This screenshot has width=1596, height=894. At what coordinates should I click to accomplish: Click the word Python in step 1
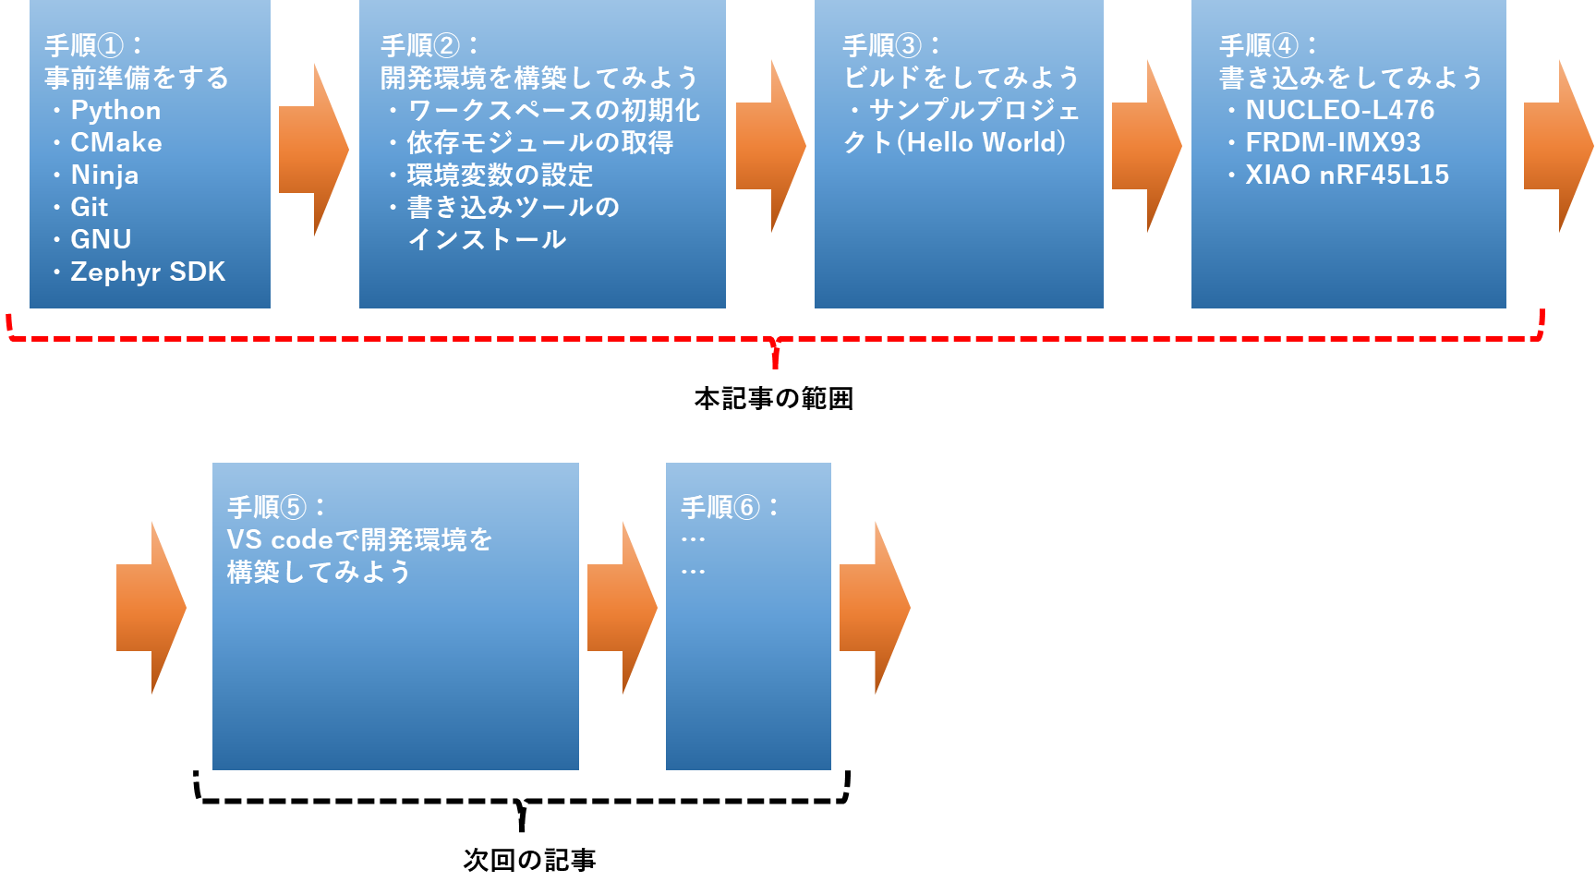115,111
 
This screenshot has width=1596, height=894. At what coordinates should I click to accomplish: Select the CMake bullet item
115,143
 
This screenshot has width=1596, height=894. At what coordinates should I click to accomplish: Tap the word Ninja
104,175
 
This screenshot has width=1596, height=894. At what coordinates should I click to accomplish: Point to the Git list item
90,208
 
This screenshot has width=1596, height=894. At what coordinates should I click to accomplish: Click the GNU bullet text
101,240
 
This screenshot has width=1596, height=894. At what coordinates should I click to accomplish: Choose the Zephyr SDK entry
148,272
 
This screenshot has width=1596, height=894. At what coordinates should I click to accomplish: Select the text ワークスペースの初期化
553,111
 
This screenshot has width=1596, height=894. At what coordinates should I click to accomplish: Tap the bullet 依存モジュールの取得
539,143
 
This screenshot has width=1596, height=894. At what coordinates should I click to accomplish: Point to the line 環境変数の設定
500,175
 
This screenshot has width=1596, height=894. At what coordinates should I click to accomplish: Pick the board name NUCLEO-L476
1339,111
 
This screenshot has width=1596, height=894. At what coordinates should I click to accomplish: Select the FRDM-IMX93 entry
1333,143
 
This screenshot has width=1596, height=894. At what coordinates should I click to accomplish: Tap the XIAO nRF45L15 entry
1347,175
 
